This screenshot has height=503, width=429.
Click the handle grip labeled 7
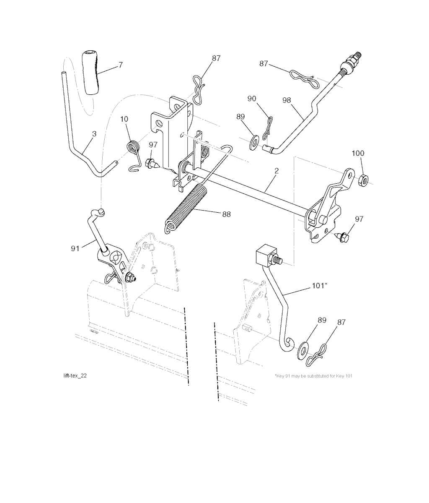point(92,72)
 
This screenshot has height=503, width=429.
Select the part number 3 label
point(94,134)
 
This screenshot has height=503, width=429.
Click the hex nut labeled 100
point(363,178)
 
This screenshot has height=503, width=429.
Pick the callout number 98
point(287,100)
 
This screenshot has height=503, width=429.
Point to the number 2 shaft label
point(276,171)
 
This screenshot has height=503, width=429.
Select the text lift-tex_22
point(75,375)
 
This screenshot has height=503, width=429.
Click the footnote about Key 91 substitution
point(314,375)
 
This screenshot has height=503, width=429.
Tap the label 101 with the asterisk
point(319,285)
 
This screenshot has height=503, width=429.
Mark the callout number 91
point(75,249)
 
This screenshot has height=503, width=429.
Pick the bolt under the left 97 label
point(152,163)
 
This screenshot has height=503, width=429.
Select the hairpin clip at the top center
point(198,89)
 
